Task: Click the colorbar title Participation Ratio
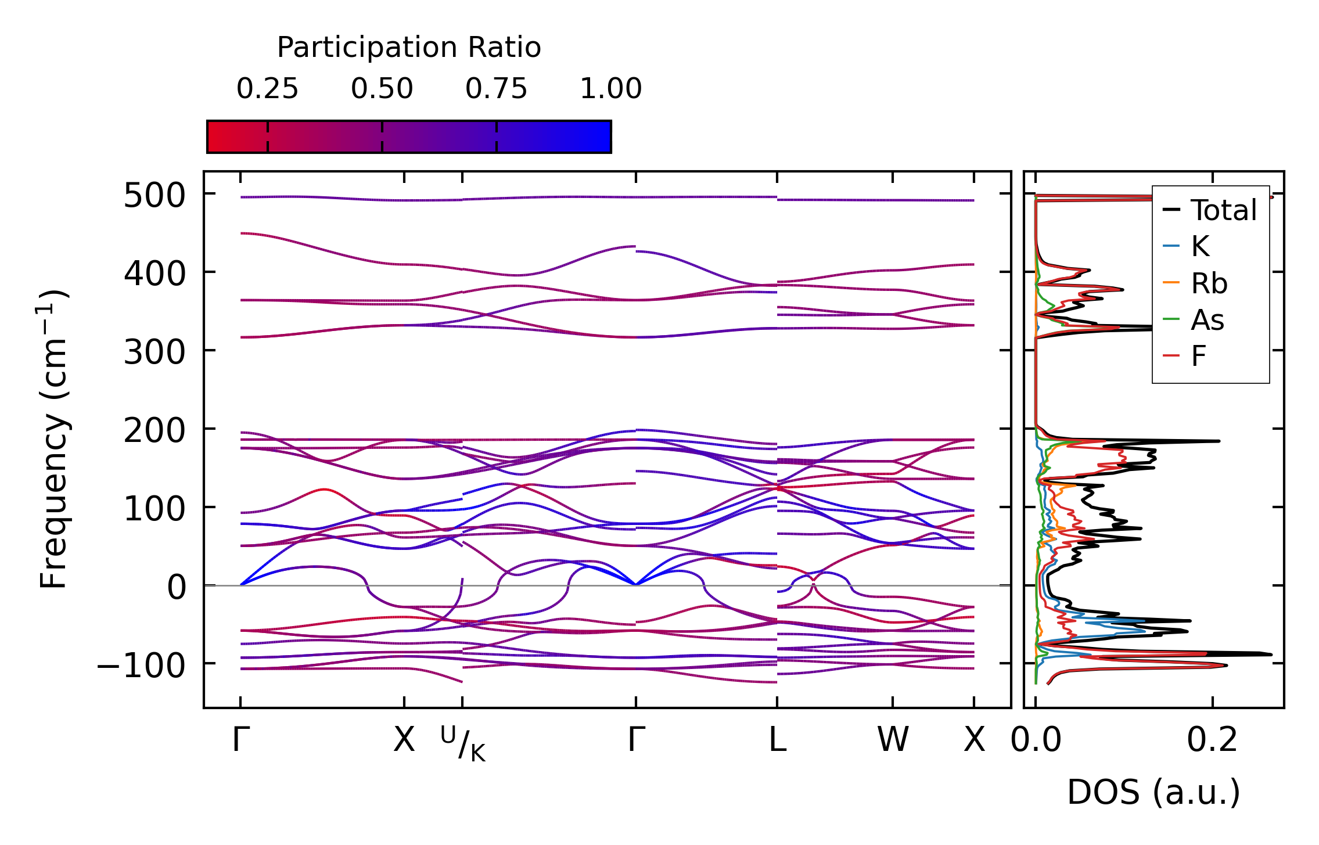coord(409,48)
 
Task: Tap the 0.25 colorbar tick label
coord(267,89)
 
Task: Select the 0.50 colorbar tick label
coord(382,89)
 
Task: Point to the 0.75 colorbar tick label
coord(496,89)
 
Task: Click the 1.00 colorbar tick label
coord(610,89)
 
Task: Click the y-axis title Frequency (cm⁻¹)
coord(53,439)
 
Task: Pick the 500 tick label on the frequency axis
coord(154,196)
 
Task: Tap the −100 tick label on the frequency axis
coord(141,666)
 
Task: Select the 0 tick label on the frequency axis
coord(177,587)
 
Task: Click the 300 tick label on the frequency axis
coord(154,353)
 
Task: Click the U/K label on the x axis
coord(463,743)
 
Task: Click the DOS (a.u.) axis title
coord(1153,793)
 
